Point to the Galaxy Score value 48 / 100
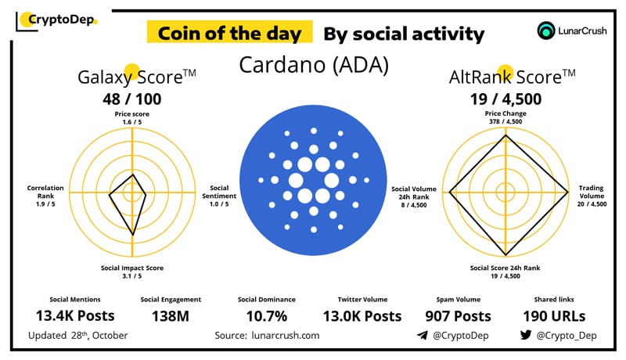tap(132, 99)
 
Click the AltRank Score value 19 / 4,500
tap(505, 99)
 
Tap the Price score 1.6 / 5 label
tap(131, 118)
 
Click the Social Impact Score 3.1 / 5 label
tap(132, 272)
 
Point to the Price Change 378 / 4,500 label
tap(505, 117)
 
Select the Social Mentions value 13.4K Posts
tap(74, 316)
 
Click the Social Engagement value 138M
tap(171, 316)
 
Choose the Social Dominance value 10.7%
tap(267, 316)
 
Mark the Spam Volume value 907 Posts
tap(459, 316)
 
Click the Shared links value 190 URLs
tap(557, 316)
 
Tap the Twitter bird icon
tap(526, 336)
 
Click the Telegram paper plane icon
tap(422, 336)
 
